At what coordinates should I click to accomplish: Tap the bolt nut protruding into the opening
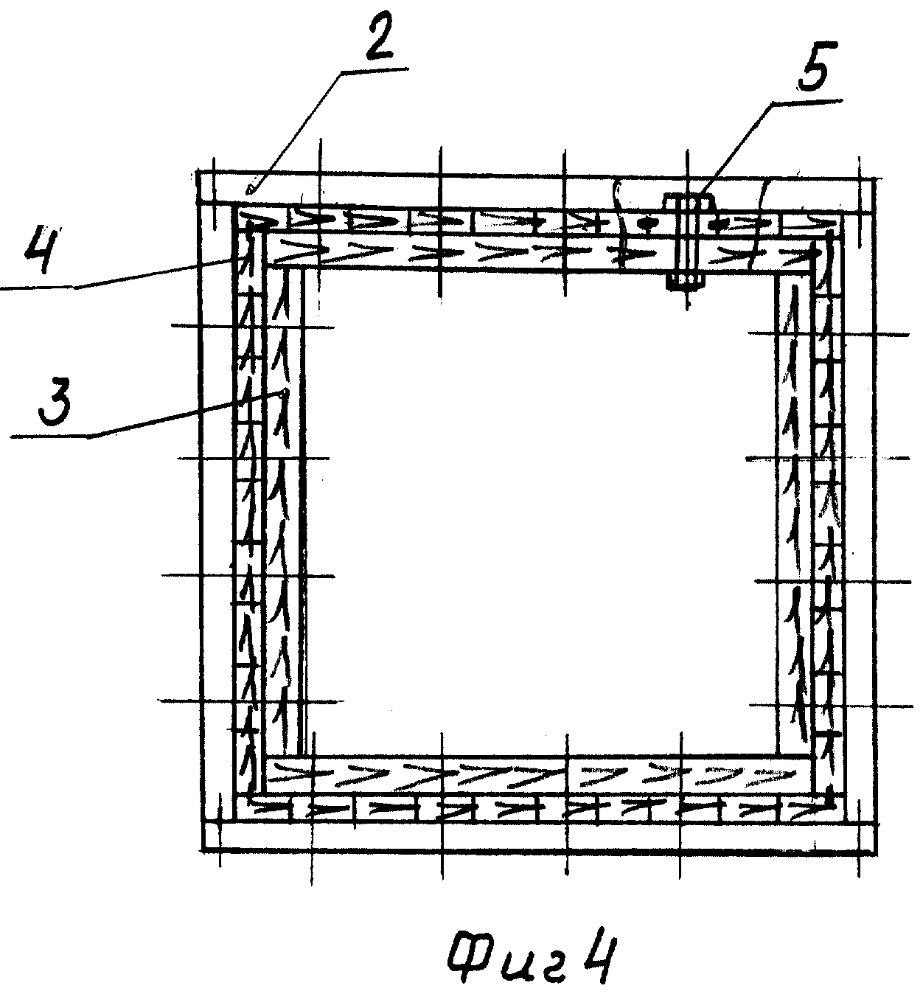click(686, 281)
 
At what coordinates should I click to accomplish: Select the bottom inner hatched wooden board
click(538, 774)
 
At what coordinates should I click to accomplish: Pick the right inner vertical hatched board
click(794, 509)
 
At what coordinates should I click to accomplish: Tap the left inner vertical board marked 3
click(282, 509)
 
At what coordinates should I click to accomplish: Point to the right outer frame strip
click(860, 509)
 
